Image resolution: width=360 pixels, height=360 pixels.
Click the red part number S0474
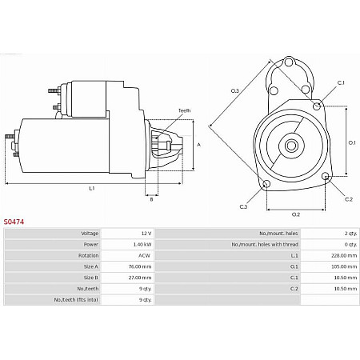point(14,222)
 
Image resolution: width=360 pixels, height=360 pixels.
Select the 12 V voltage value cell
point(145,234)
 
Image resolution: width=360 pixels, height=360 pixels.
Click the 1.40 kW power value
point(141,245)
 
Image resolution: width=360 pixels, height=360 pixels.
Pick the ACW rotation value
point(144,256)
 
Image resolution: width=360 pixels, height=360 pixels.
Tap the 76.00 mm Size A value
point(140,266)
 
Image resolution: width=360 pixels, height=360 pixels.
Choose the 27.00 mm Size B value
point(140,278)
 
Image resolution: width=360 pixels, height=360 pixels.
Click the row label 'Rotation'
point(88,256)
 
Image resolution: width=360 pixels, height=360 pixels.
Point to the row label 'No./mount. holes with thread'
point(265,245)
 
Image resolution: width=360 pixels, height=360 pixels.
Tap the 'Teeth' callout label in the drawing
point(184,110)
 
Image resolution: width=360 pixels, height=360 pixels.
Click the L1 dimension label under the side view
point(92,189)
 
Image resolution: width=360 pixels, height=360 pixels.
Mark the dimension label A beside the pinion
point(198,145)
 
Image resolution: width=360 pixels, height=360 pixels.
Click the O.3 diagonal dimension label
point(235,90)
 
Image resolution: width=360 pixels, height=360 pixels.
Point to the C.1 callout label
point(341,83)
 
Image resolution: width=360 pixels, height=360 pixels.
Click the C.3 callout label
point(243,206)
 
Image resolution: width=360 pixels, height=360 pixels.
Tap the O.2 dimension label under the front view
point(295,214)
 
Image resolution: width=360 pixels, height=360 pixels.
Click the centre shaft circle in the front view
point(291,145)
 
